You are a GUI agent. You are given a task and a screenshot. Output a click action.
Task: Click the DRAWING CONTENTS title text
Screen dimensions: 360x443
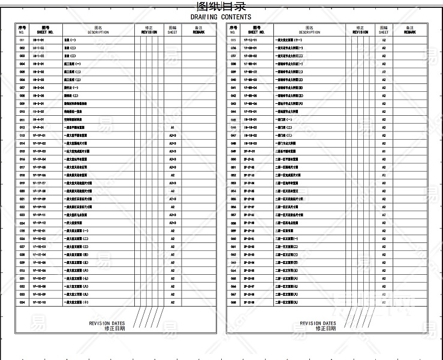[x=221, y=17]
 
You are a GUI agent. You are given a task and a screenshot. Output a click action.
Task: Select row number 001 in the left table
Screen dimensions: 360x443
[x=22, y=40]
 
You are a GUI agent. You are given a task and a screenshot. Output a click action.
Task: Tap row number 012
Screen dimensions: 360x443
[x=22, y=128]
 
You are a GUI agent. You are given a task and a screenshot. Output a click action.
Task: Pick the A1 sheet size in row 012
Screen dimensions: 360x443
[x=172, y=128]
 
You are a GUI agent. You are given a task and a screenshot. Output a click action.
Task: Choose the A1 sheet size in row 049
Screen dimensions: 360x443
[x=384, y=151]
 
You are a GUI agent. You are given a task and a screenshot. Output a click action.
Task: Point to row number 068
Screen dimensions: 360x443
[x=233, y=302]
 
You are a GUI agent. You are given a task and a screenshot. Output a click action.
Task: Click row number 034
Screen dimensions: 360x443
[x=22, y=302]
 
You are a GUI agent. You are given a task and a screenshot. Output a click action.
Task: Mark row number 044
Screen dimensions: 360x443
[x=233, y=112]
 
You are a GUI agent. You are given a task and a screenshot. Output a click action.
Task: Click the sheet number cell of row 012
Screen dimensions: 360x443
[x=38, y=128]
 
